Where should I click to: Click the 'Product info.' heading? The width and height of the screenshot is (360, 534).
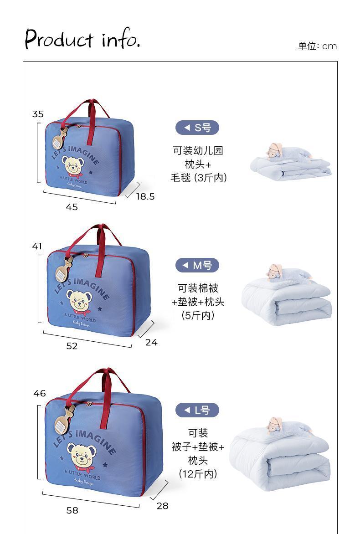tap(82, 39)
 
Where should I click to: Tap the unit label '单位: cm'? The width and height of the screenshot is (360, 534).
tap(317, 46)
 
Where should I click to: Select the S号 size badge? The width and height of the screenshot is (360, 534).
tap(197, 128)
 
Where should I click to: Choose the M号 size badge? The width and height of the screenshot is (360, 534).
tap(197, 265)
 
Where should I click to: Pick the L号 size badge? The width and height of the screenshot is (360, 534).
tap(197, 410)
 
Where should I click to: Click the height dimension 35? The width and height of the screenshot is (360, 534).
tap(38, 114)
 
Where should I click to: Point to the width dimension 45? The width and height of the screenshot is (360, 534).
tap(72, 207)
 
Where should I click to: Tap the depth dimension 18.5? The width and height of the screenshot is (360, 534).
tap(145, 196)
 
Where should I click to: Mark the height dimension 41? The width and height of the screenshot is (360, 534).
tap(37, 246)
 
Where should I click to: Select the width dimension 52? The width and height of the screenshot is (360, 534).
tap(72, 346)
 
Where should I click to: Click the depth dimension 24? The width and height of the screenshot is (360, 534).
tap(151, 342)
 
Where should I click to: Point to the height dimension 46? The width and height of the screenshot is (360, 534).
tap(40, 393)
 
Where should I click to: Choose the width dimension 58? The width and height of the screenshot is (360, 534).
tap(72, 510)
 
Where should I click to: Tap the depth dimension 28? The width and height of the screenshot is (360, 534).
tap(162, 506)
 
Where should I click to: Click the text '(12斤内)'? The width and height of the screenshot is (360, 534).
tap(198, 474)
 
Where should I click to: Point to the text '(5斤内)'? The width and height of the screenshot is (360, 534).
tap(198, 315)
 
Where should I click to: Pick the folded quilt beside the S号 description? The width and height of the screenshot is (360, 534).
tap(291, 163)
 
